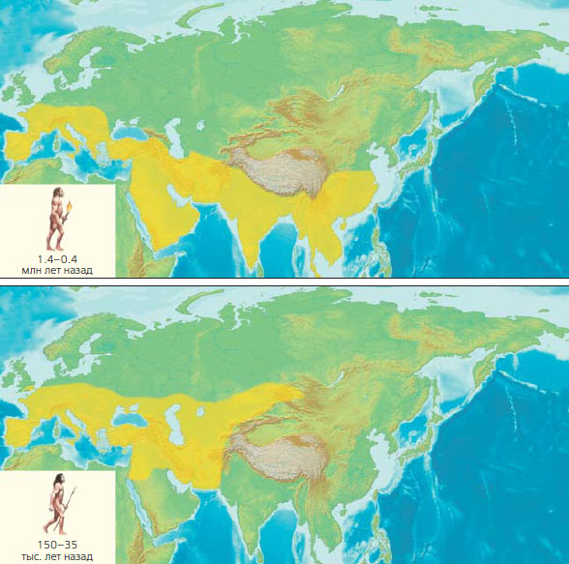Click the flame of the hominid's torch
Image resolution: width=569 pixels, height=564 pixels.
[x=70, y=204]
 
